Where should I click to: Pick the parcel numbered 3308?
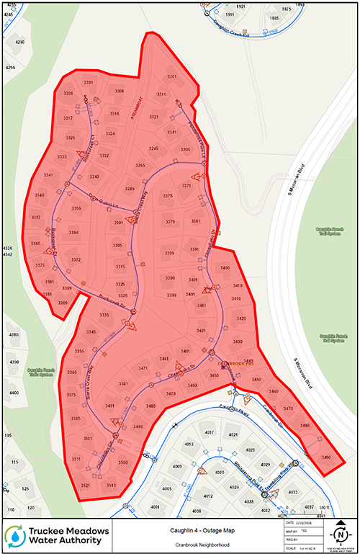119,91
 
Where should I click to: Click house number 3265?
140,166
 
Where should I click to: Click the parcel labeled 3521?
85,486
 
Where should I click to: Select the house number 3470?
288,408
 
